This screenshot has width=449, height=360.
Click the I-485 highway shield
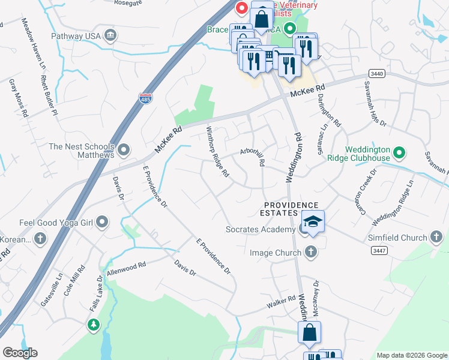pos(145,97)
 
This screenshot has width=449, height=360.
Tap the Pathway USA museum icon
pos(110,35)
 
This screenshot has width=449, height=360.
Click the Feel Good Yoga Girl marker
pos(102,223)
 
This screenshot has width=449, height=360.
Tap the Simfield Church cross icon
pos(436,238)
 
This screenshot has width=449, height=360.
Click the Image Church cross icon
pos(311,253)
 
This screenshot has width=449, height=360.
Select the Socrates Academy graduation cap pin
pos(313,222)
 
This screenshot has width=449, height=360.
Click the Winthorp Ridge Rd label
pos(218,152)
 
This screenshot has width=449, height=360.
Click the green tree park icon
pos(93,325)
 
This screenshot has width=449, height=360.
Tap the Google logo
pos(20,352)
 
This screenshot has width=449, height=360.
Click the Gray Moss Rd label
pos(18,97)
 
